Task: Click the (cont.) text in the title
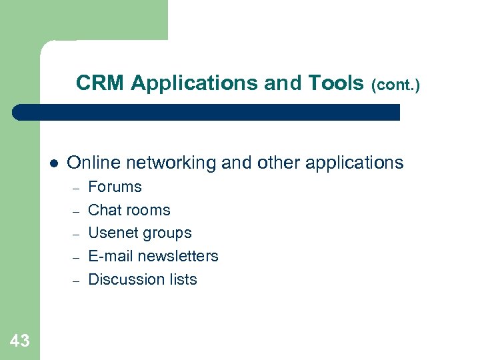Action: (x=395, y=85)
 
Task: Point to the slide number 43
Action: (x=20, y=341)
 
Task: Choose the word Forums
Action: (x=115, y=187)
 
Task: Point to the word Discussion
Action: (x=122, y=279)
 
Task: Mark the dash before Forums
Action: (x=76, y=188)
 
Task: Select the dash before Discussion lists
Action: (x=76, y=281)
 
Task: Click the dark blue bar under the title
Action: (x=207, y=112)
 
